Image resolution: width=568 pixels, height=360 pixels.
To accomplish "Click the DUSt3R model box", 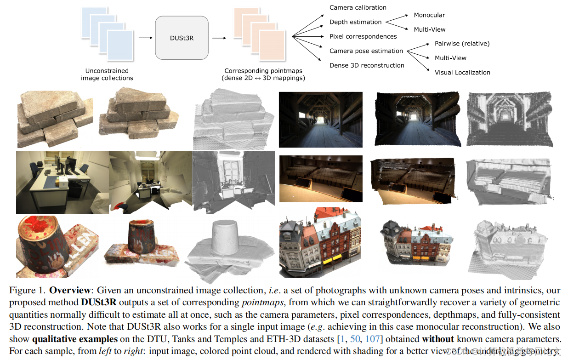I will [x=182, y=38].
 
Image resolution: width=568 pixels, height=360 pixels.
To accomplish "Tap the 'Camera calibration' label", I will [x=358, y=7].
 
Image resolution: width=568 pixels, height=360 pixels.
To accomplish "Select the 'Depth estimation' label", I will [x=355, y=22].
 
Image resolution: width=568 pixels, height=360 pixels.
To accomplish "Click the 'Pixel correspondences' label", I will [x=363, y=36].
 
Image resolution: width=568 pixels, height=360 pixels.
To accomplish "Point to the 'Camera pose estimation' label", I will [x=366, y=51].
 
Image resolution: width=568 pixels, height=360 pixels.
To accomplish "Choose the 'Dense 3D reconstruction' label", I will [x=367, y=65].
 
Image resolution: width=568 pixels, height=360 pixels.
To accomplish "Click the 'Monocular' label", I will [x=429, y=15].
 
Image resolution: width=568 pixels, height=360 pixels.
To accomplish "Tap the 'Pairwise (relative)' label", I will [x=462, y=44].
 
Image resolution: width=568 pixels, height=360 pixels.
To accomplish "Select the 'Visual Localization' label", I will [x=462, y=72].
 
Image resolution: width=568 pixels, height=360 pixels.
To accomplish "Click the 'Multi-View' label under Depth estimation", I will [x=429, y=29].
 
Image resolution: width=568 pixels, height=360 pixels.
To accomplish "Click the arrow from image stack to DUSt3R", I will [x=145, y=38].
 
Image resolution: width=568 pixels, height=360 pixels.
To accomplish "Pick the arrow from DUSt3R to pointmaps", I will [x=219, y=38].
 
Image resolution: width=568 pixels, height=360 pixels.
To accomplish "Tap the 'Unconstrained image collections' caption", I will [x=107, y=74].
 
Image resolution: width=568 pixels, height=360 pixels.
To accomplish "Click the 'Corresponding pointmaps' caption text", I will [x=263, y=71].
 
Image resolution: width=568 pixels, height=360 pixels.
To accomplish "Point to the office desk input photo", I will [x=62, y=183].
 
